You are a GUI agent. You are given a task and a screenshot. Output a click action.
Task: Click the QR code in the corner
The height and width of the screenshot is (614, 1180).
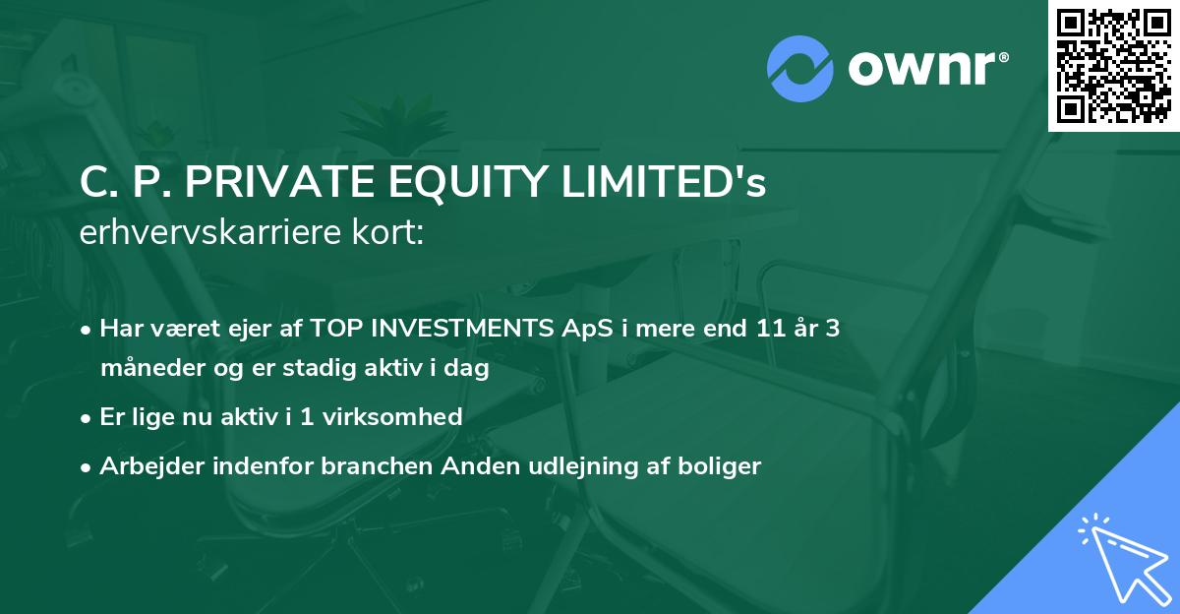1114,66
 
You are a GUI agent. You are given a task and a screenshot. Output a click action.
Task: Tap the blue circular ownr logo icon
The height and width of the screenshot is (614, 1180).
799,68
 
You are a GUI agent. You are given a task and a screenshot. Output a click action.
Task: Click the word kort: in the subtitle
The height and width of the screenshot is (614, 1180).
390,232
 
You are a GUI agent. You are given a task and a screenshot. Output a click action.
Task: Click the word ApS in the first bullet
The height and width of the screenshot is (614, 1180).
581,329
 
